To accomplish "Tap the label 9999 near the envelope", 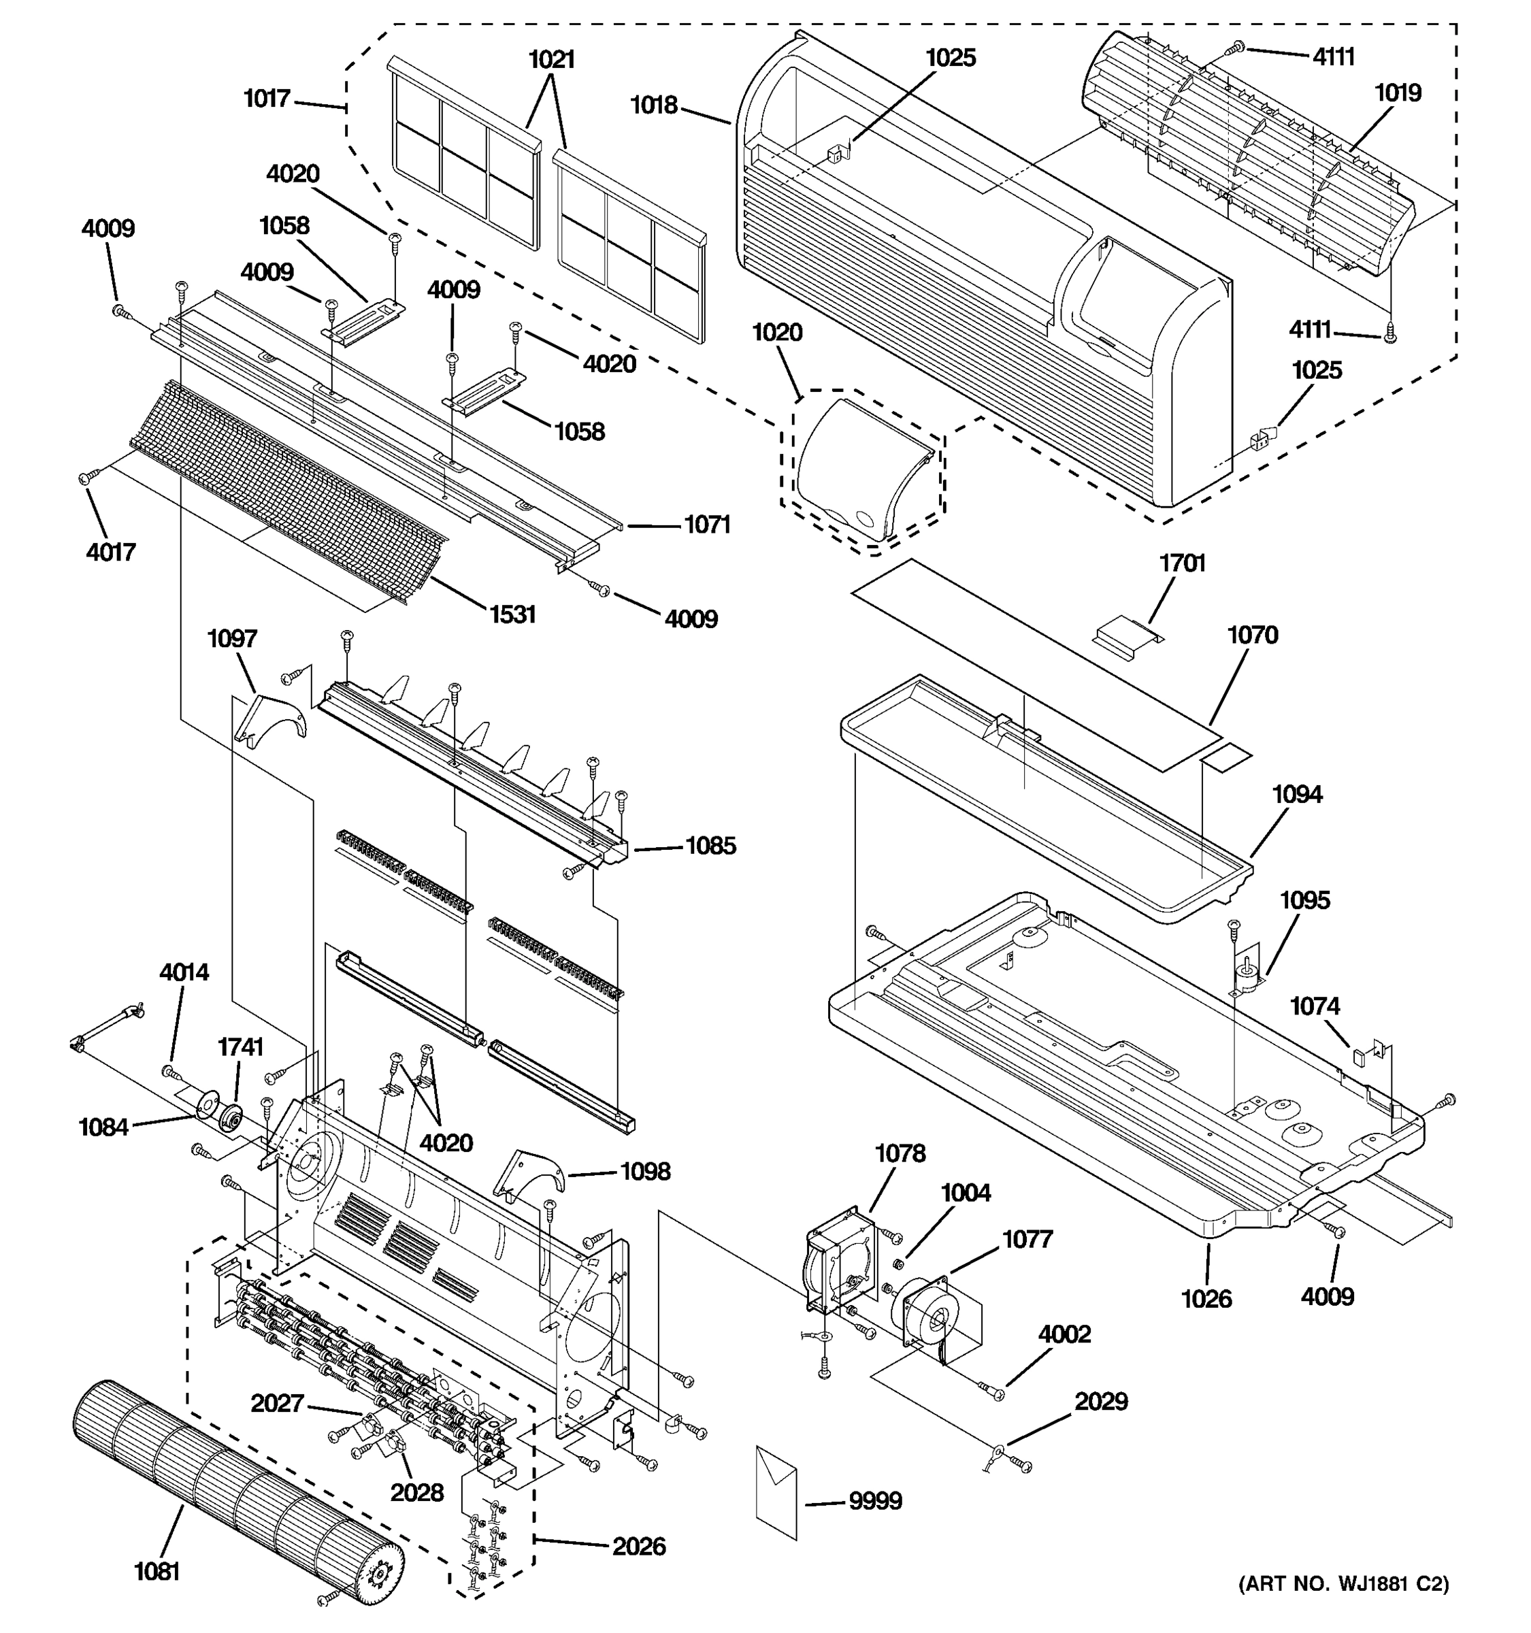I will point(875,1501).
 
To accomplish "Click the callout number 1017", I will point(267,99).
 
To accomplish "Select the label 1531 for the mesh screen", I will point(512,614).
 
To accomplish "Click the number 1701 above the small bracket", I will point(1182,563).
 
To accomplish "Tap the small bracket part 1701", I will point(1127,635).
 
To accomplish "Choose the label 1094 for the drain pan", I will point(1297,793).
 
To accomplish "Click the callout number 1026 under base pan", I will point(1206,1299).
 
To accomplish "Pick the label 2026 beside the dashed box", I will point(638,1546).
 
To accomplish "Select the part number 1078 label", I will point(900,1153).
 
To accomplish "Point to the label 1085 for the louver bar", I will point(710,845).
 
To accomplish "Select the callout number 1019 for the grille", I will point(1398,92).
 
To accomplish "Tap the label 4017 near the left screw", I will point(111,551).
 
